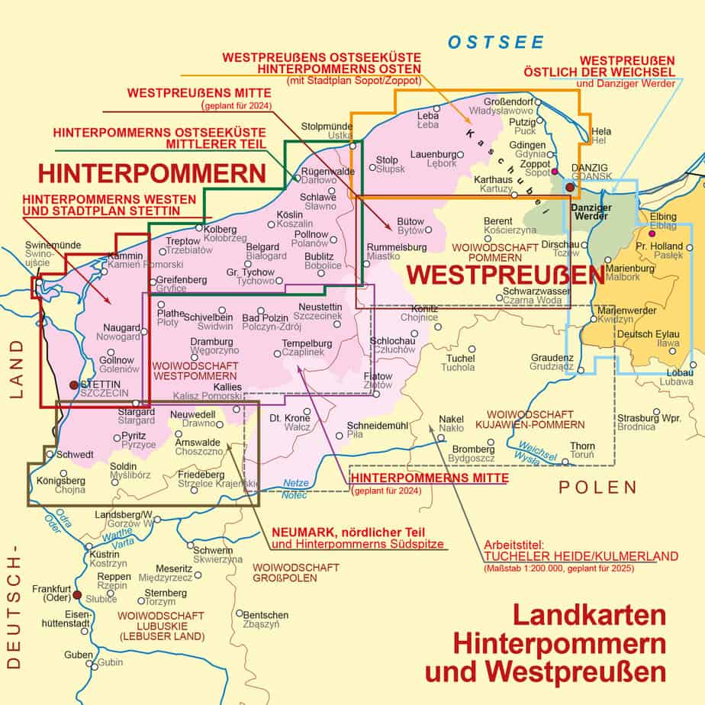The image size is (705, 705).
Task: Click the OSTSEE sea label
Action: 495,42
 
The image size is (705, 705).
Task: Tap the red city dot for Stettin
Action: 73,385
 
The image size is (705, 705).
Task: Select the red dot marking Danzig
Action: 569,185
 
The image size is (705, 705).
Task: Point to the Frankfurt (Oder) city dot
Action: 76,594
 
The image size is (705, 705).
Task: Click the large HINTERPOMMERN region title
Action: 151,172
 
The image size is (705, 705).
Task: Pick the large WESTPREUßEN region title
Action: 501,274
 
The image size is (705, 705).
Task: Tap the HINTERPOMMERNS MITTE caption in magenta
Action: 428,478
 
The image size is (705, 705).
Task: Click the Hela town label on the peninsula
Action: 601,132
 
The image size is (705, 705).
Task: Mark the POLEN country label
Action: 597,488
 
